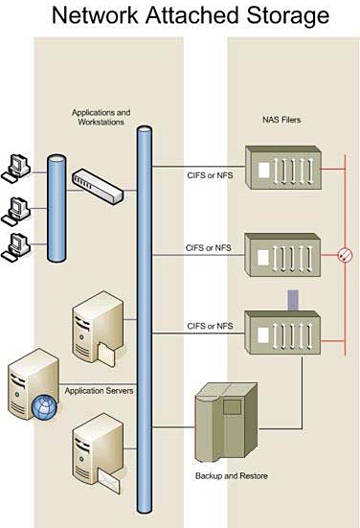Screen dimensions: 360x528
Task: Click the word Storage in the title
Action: pyautogui.click(x=287, y=16)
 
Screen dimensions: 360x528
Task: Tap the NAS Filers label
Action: pyautogui.click(x=281, y=120)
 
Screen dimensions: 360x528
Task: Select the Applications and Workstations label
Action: pyautogui.click(x=101, y=117)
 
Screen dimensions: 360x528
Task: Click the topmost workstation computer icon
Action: pyautogui.click(x=16, y=169)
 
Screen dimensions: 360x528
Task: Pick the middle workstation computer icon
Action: pyautogui.click(x=16, y=211)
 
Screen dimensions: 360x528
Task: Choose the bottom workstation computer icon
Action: pyautogui.click(x=16, y=247)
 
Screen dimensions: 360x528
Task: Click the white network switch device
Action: pyautogui.click(x=98, y=186)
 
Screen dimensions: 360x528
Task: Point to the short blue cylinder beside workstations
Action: pyautogui.click(x=56, y=208)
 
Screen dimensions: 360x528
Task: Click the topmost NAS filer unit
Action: pyautogui.click(x=283, y=168)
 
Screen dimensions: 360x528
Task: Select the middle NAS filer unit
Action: pyautogui.click(x=282, y=255)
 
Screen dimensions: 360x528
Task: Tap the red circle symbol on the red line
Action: pyautogui.click(x=345, y=255)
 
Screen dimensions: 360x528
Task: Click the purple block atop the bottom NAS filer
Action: pyautogui.click(x=293, y=300)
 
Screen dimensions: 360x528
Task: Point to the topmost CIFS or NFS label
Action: pyautogui.click(x=210, y=175)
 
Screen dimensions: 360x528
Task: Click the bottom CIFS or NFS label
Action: pyautogui.click(x=210, y=326)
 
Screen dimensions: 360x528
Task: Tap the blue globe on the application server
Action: pyautogui.click(x=44, y=407)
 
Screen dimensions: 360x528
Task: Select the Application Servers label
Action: pyautogui.click(x=99, y=391)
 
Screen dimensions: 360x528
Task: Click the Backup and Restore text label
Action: pyautogui.click(x=232, y=476)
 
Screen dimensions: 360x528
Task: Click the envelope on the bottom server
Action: pyautogui.click(x=109, y=481)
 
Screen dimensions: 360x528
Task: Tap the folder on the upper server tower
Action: pyautogui.click(x=106, y=355)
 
